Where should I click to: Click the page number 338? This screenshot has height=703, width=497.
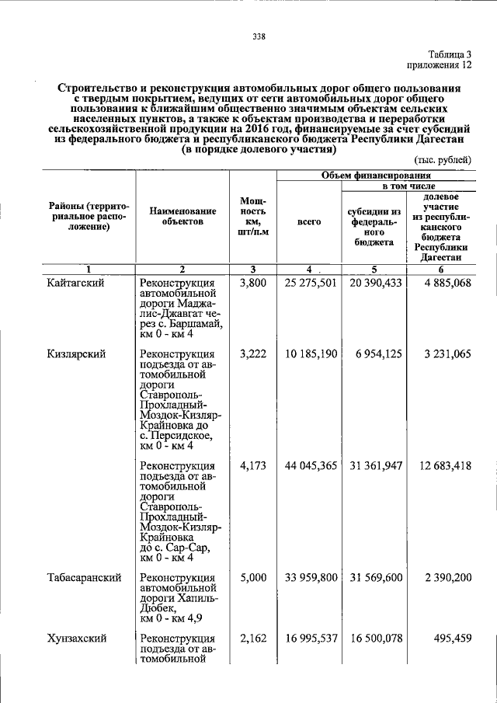coord(259,35)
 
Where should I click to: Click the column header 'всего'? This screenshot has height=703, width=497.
coord(309,221)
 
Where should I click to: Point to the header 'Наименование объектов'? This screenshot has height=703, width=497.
coord(182,216)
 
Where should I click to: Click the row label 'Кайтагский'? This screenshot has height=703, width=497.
coord(75,283)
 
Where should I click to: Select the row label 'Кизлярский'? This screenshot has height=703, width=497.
coord(76,353)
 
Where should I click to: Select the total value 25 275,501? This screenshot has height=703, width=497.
coord(311,283)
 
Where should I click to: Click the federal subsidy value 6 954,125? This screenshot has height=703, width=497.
coord(379,353)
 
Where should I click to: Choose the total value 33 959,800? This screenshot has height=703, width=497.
coord(311,577)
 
